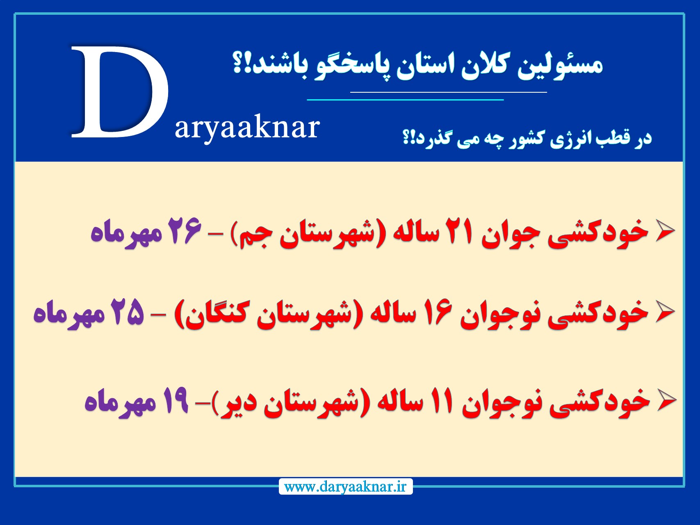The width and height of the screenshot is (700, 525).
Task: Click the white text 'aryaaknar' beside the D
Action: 247,128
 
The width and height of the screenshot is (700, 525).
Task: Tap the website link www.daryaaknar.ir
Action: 345,487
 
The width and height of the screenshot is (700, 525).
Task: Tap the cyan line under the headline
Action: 405,100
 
